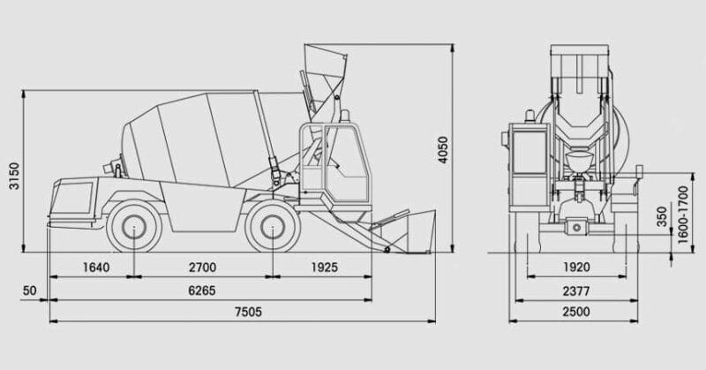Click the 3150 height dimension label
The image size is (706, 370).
point(14,177)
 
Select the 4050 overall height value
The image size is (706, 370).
point(443,150)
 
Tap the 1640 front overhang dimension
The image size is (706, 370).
point(96,268)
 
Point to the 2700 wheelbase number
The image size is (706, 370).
point(203,268)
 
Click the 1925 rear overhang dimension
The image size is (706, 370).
point(324,268)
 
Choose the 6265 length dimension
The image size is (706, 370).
point(202,291)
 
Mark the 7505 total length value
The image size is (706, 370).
point(248,312)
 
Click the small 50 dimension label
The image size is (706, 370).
point(29,291)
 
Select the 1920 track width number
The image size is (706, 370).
point(576,268)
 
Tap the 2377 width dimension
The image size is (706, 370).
point(576,291)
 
